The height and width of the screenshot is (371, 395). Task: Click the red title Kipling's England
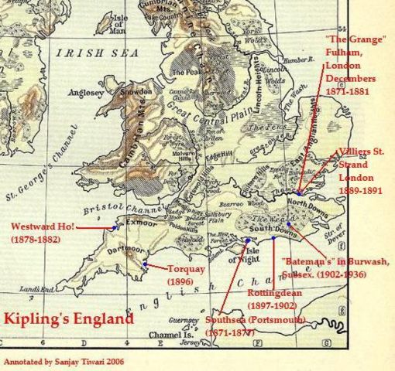pyautogui.click(x=69, y=318)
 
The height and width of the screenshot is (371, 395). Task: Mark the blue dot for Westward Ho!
pyautogui.click(x=115, y=227)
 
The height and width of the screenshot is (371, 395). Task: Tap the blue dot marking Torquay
pyautogui.click(x=146, y=264)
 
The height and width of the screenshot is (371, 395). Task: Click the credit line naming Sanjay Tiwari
pyautogui.click(x=64, y=361)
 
